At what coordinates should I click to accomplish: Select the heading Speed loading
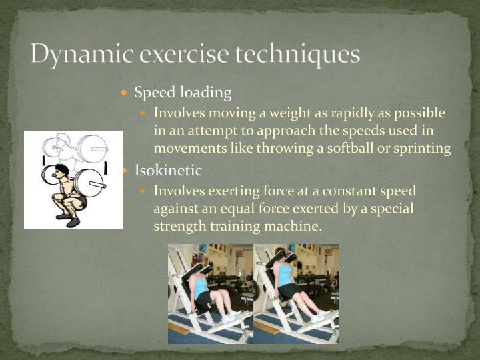(183, 92)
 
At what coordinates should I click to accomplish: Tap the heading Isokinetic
(168, 171)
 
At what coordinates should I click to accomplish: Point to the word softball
(353, 148)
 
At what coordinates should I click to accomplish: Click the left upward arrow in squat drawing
(44, 160)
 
